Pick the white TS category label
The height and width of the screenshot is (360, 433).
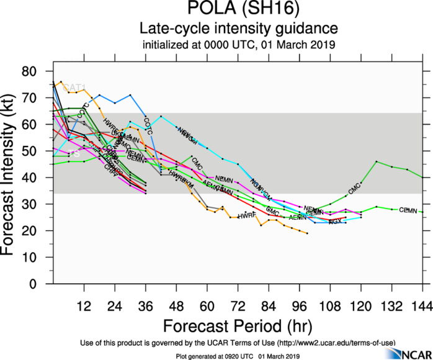coord(74,153)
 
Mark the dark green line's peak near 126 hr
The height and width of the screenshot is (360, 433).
coord(377,161)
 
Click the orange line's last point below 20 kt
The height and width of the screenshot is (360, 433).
coord(307,233)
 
